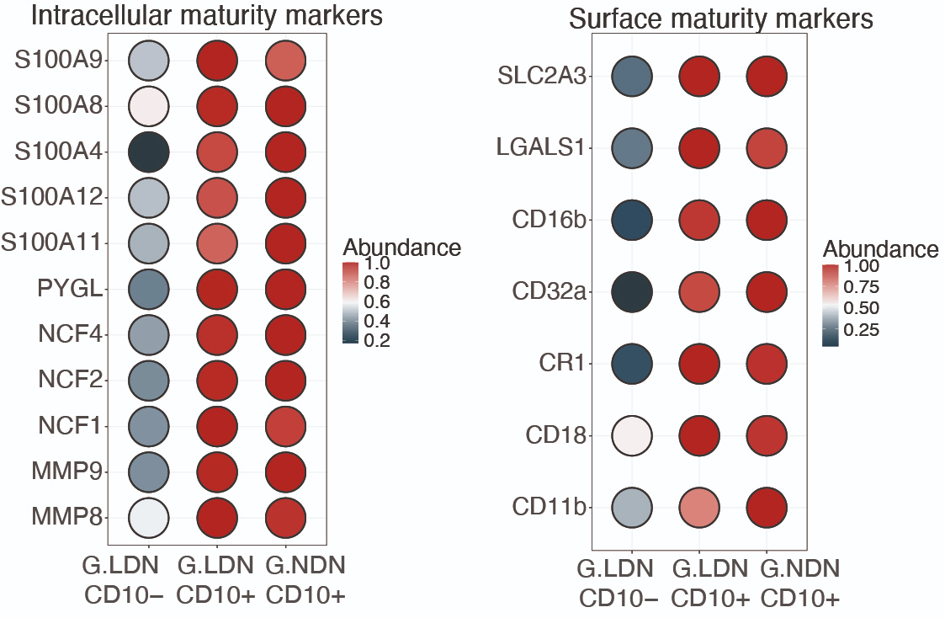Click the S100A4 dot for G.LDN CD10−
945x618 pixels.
(x=149, y=152)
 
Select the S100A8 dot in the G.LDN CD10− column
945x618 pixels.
(x=149, y=106)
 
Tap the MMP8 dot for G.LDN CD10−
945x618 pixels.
(x=149, y=516)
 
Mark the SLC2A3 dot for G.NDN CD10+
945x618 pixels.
(x=766, y=77)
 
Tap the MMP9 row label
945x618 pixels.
(x=69, y=471)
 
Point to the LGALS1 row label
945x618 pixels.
(x=540, y=149)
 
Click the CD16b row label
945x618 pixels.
(x=550, y=221)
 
